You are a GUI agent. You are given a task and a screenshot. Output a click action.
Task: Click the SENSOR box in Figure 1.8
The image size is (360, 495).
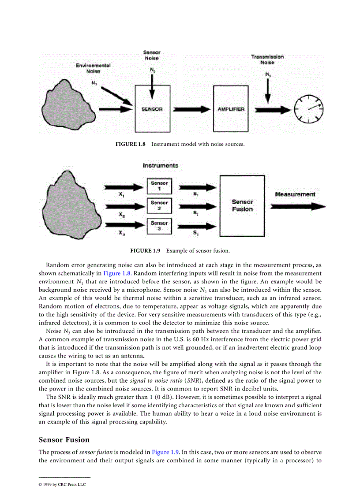(152, 109)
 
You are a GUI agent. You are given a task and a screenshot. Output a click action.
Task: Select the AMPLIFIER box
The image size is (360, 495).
(231, 109)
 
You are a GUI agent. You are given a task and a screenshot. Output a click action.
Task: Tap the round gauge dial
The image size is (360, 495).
(309, 108)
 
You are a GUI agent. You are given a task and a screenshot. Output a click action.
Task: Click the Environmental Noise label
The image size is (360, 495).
(93, 68)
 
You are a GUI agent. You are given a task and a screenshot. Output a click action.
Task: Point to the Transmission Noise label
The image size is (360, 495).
(267, 60)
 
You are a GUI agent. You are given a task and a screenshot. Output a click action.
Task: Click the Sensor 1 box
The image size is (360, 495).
(159, 186)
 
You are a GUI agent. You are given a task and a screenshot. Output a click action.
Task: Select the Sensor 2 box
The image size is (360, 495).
(159, 205)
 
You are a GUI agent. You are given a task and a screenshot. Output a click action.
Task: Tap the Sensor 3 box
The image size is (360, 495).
(159, 226)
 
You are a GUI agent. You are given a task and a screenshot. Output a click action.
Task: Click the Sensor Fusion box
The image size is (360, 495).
(242, 205)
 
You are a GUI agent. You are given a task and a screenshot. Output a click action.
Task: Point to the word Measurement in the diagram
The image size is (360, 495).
(295, 194)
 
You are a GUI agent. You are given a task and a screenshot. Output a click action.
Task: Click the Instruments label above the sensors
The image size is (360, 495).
(161, 166)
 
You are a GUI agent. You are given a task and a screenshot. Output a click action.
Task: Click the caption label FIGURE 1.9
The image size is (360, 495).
(145, 250)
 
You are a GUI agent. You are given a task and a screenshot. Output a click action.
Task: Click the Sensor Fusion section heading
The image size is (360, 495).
(64, 439)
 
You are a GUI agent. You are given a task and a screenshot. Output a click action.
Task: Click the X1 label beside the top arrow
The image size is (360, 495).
(121, 194)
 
